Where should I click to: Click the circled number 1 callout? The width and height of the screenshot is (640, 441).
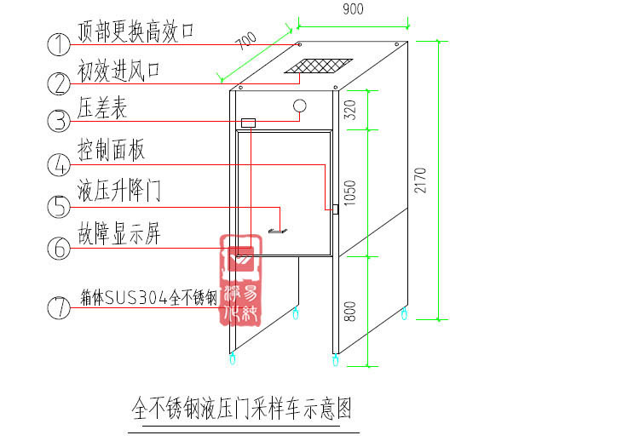pyautogui.click(x=58, y=43)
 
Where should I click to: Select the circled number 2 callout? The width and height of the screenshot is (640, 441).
pyautogui.click(x=58, y=83)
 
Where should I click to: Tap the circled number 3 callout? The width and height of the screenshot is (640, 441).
pyautogui.click(x=58, y=121)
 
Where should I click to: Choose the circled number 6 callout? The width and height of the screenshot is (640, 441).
pyautogui.click(x=58, y=248)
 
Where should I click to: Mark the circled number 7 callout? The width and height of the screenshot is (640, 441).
pyautogui.click(x=58, y=307)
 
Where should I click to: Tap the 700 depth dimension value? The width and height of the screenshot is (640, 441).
pyautogui.click(x=246, y=43)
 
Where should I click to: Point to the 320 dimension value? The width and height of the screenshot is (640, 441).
pyautogui.click(x=349, y=109)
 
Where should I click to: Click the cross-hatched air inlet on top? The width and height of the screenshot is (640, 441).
pyautogui.click(x=319, y=66)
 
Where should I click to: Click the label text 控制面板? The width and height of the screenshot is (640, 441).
pyautogui.click(x=111, y=150)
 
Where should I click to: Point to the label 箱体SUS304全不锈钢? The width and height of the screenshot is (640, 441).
pyautogui.click(x=148, y=299)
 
